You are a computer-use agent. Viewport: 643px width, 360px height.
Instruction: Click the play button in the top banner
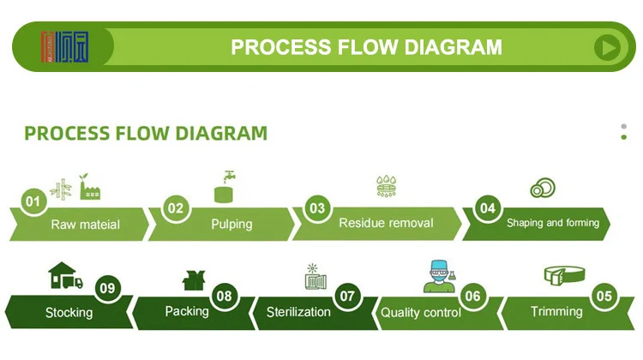(x=607, y=47)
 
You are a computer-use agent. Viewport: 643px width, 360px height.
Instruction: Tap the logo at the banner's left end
(x=64, y=46)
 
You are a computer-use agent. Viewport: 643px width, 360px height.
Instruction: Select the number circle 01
(x=33, y=202)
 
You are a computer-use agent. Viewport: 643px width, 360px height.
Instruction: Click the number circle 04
(x=487, y=207)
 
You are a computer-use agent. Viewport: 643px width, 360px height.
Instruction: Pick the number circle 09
(x=106, y=288)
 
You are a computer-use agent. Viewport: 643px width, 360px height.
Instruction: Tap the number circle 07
(x=347, y=296)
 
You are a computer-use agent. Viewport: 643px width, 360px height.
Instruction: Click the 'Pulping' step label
(x=231, y=225)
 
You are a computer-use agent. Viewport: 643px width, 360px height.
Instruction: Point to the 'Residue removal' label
(x=386, y=223)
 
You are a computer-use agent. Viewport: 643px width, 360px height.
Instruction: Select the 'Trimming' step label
(x=556, y=311)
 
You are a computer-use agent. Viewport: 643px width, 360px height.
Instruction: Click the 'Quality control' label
(x=421, y=313)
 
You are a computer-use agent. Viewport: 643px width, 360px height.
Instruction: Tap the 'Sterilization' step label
(x=298, y=311)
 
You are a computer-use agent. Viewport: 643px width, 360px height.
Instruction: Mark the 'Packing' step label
(x=187, y=311)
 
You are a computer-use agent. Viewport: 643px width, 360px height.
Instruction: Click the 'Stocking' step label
(x=69, y=312)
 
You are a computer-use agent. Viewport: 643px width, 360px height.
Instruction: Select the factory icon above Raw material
(x=90, y=188)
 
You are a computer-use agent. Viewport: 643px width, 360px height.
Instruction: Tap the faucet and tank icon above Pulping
(x=225, y=186)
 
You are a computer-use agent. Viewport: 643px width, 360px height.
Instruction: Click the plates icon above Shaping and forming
(x=541, y=187)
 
